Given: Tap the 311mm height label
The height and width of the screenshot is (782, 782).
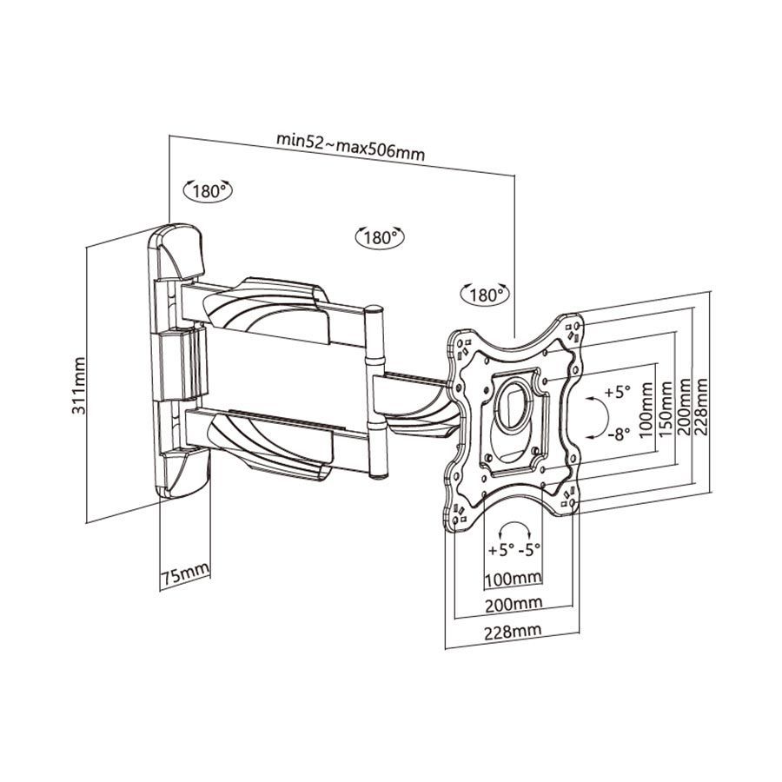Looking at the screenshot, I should [x=80, y=384].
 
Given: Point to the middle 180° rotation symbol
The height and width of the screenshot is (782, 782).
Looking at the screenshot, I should [x=380, y=236].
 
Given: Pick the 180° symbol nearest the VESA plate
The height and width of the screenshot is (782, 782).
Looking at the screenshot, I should [x=485, y=295].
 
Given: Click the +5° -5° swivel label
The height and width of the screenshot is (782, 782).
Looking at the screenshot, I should [x=514, y=551].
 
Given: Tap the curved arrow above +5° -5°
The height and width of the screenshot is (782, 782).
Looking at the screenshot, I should [x=514, y=529].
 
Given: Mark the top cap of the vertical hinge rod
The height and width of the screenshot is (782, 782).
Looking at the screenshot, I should [x=376, y=308].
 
